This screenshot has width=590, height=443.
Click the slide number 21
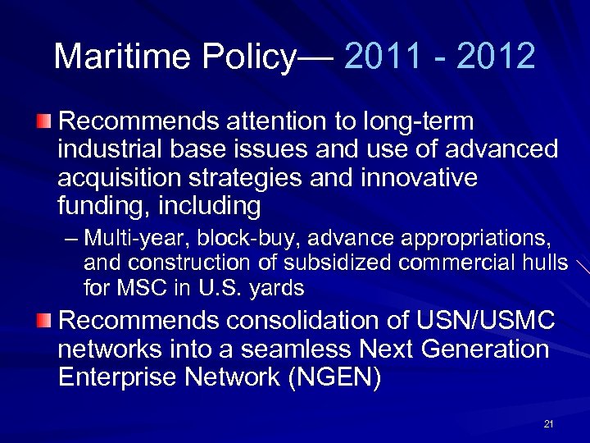pyautogui.click(x=548, y=424)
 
